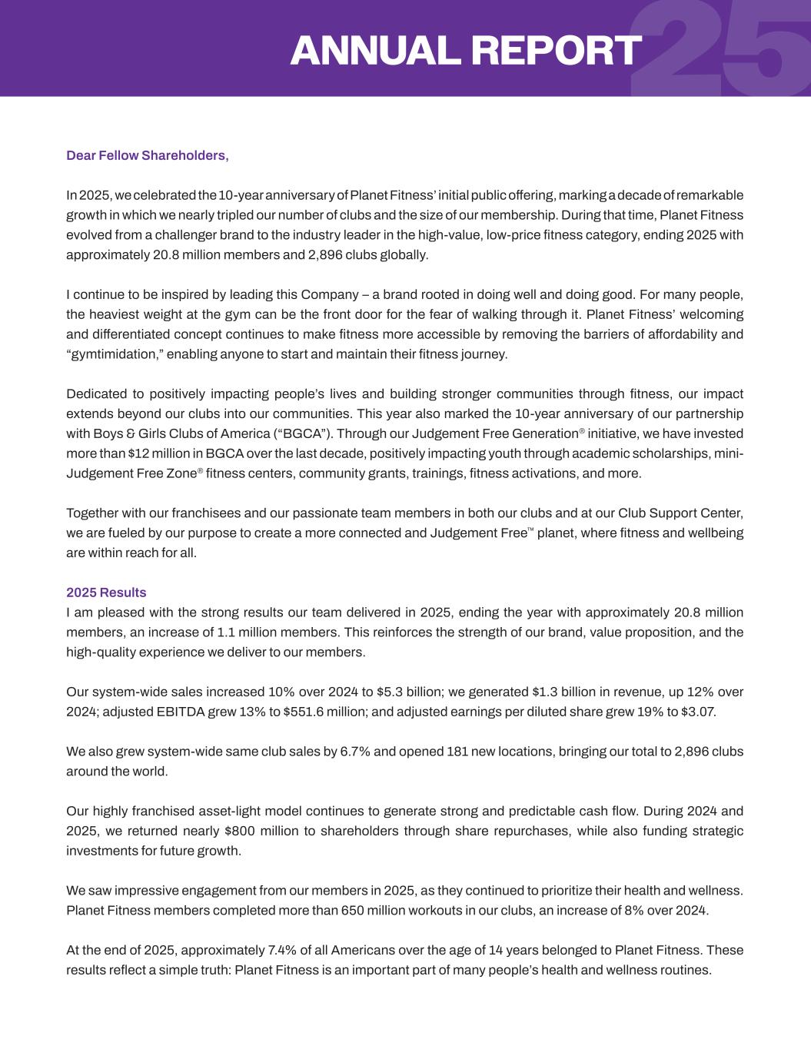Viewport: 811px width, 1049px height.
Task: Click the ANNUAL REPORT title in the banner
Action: tap(465, 51)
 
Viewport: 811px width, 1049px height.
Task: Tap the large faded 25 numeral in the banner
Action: tap(723, 48)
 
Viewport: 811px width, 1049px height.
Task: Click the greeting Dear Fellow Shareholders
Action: tap(148, 156)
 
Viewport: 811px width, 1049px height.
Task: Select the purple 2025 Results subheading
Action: tap(106, 593)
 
